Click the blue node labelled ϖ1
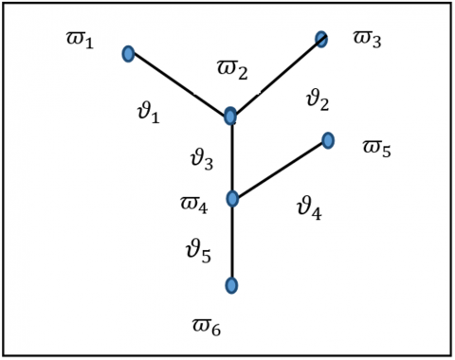(x=128, y=54)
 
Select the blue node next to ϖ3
(x=321, y=39)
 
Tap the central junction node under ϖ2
(x=230, y=116)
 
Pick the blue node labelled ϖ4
(x=232, y=199)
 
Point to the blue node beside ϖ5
(x=328, y=140)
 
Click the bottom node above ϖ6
(x=231, y=285)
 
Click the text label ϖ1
(x=80, y=41)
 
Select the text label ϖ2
(x=232, y=70)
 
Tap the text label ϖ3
(x=367, y=40)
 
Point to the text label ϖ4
(x=194, y=205)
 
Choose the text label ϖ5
(x=376, y=149)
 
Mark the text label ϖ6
(x=207, y=328)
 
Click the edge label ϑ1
(x=149, y=113)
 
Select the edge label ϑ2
(x=318, y=99)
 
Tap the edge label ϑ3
(x=202, y=159)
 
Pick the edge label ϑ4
(x=309, y=209)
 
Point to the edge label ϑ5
(x=198, y=251)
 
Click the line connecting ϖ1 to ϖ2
(x=179, y=84)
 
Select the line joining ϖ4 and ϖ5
(x=280, y=170)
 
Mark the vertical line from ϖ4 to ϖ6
(x=232, y=243)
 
